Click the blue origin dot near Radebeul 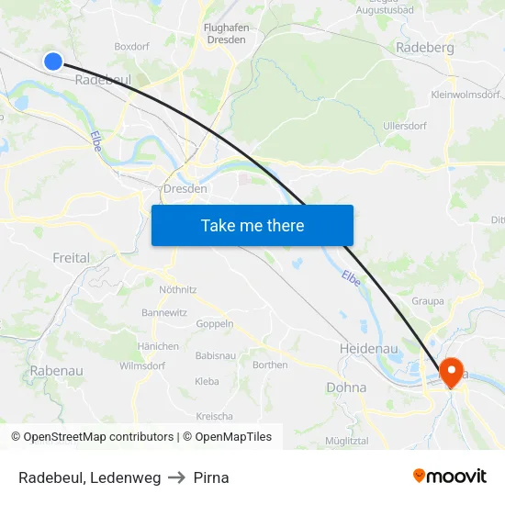click(53, 61)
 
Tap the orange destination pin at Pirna click(451, 371)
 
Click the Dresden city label click(185, 188)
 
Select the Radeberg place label click(423, 48)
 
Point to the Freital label click(72, 258)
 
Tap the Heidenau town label click(367, 350)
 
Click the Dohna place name click(346, 387)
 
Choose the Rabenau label click(57, 370)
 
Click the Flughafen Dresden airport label click(224, 34)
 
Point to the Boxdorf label click(131, 46)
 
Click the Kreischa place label click(214, 416)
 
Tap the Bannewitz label click(164, 312)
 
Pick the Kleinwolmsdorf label click(466, 94)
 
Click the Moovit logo click(449, 477)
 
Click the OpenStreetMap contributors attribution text click(98, 437)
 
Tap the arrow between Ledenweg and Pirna click(177, 477)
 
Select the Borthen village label click(270, 365)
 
